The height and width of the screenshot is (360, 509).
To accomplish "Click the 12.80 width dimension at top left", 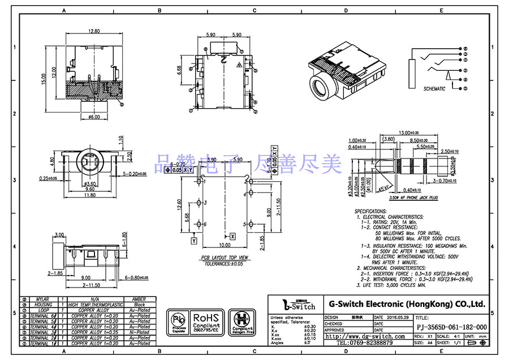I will point(93,32).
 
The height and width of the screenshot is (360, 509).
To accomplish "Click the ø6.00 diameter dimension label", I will point(94,117).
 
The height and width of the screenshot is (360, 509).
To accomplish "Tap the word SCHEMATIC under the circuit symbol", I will point(434,89).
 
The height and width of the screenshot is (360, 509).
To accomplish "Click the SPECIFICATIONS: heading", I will point(370,211).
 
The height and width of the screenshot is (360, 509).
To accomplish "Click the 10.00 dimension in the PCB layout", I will point(225,245).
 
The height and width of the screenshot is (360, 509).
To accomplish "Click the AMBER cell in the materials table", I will point(139,299).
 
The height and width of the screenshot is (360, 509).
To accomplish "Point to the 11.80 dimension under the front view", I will point(89,195).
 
